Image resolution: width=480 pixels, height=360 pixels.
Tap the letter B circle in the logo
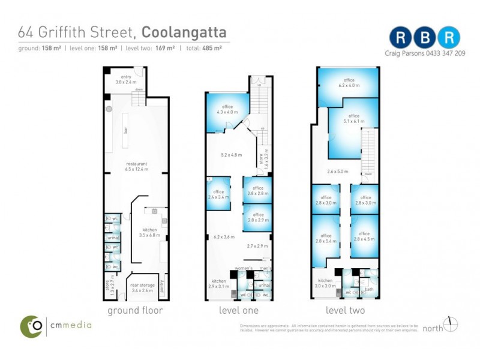click(425, 38)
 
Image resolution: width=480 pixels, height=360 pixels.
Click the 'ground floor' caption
click(135, 310)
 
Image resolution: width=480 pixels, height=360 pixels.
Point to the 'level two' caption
click(345, 310)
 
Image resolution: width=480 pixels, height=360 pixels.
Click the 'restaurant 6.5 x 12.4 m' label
click(137, 166)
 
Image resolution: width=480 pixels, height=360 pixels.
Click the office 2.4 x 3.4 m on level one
click(218, 193)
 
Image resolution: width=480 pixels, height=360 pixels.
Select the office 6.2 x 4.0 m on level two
click(349, 82)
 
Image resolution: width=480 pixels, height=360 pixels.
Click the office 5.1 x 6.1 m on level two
click(353, 124)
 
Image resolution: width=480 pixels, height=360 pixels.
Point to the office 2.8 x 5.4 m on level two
click(326, 239)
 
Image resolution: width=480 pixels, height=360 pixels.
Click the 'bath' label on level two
click(368, 289)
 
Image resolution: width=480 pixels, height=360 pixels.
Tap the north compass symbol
click(451, 325)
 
